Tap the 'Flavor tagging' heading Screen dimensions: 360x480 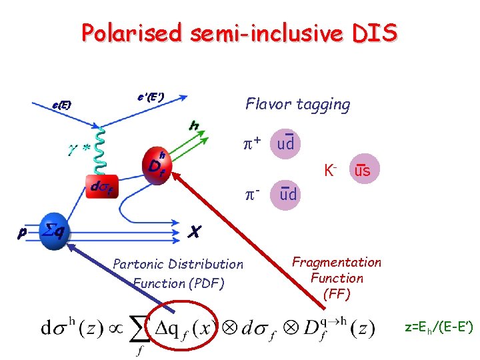coord(297,104)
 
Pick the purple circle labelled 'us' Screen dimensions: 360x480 coord(363,171)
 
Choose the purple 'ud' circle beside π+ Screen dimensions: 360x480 coord(286,143)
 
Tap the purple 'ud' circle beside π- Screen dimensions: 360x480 coord(289,194)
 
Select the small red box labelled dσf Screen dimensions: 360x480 coord(104,189)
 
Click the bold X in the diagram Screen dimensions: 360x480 coord(195,231)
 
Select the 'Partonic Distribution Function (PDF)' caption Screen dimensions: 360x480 coord(178,273)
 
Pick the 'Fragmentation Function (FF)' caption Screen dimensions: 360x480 coord(337,278)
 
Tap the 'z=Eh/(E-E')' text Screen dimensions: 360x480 coord(438,327)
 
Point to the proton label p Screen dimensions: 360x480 coord(22,233)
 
